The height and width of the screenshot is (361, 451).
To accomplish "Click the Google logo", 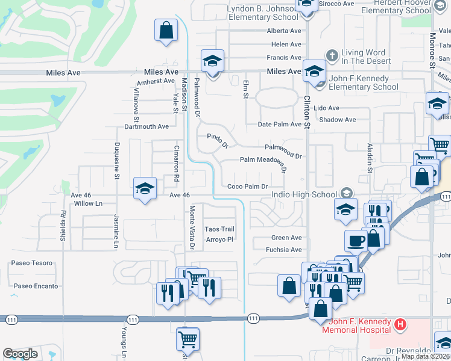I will [x=20, y=354].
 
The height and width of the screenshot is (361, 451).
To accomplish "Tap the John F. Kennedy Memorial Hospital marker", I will [x=399, y=326].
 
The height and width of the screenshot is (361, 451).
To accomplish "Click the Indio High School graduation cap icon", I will [x=346, y=193].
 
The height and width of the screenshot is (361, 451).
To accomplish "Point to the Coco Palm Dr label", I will [x=247, y=187].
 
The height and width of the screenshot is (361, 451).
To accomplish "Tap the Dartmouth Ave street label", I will [x=147, y=127].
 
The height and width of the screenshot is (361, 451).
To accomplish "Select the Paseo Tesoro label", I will [x=32, y=263].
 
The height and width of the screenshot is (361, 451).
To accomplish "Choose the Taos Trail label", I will [x=219, y=229].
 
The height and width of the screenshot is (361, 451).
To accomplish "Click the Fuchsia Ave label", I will [x=286, y=249].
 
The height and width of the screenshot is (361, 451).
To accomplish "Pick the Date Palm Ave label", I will [x=279, y=125].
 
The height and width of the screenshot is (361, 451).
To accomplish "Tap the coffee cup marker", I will [x=356, y=239].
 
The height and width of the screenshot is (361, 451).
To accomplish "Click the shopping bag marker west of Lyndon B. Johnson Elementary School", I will [x=166, y=30].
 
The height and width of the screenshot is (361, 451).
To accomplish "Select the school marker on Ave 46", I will [x=145, y=189].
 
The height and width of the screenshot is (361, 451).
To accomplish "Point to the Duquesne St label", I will [x=117, y=162].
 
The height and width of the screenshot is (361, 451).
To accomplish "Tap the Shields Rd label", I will [x=63, y=225].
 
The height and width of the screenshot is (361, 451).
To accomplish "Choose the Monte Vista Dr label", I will [x=192, y=227].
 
